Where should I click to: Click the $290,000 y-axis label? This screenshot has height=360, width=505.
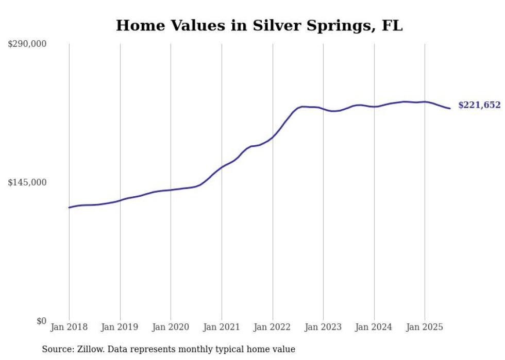click(27, 44)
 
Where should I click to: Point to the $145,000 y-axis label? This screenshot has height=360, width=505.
click(27, 182)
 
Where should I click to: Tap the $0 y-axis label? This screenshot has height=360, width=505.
click(41, 321)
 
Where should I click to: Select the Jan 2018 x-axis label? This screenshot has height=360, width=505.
click(69, 327)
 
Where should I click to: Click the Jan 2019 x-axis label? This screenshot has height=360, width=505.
click(120, 327)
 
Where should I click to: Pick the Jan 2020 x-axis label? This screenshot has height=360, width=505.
click(171, 327)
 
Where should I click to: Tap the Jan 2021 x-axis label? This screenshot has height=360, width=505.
click(222, 327)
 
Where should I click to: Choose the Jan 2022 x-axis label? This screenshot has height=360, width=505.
click(273, 327)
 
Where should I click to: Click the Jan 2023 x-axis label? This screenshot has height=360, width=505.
click(323, 327)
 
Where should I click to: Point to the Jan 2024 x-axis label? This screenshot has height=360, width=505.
click(374, 327)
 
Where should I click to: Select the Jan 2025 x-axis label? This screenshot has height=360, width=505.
click(425, 327)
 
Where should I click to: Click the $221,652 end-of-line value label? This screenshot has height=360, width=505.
click(479, 105)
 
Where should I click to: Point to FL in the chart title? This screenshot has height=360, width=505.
click(392, 25)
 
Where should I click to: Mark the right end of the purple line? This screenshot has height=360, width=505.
click(450, 108)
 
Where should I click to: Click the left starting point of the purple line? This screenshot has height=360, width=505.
click(69, 208)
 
